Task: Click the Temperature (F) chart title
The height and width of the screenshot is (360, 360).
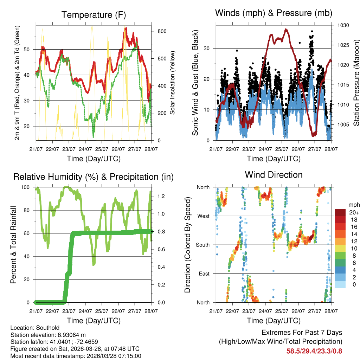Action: coord(93,15)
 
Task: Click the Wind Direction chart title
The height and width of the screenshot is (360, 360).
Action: coord(274,174)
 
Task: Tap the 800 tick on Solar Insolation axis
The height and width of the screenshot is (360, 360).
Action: coord(162,31)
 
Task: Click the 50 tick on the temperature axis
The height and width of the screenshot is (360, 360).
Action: coord(30,50)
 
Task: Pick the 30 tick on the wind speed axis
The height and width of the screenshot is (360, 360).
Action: coord(210,48)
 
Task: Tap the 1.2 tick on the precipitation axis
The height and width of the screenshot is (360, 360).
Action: coord(161,196)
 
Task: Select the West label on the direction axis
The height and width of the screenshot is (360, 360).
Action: coord(204,216)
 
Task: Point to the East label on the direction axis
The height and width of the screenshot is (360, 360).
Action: coord(204,274)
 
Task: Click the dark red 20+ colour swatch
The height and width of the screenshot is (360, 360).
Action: coord(340,212)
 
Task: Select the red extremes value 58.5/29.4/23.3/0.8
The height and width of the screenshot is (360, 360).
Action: coord(314,351)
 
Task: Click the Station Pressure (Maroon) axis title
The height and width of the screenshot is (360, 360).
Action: coord(356,73)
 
